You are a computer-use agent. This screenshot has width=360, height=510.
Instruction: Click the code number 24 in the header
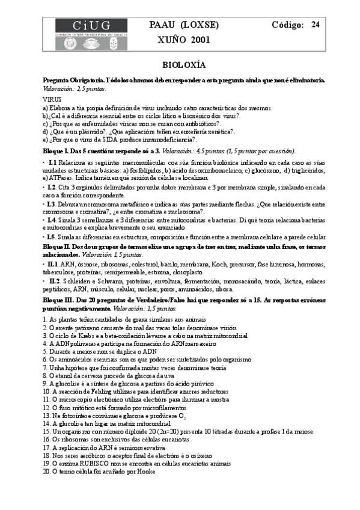[x=315, y=25]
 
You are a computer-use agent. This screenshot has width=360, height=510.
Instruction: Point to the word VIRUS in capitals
[x=52, y=99]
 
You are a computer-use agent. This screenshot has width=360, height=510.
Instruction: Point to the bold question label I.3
[x=52, y=204]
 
